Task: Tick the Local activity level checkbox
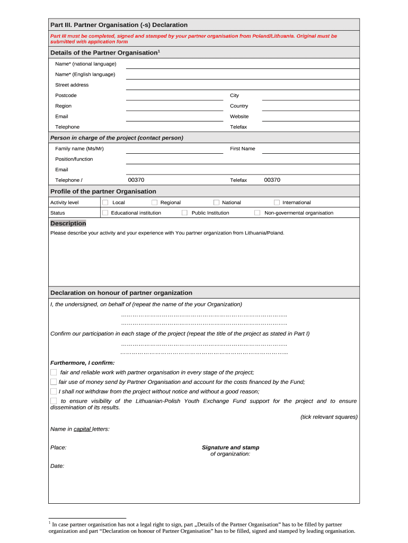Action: coord(105,203)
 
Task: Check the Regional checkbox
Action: coord(154,203)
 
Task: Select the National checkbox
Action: coord(216,203)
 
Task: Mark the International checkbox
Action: coord(277,203)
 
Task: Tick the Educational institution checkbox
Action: coord(105,213)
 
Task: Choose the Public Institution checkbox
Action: coord(184,213)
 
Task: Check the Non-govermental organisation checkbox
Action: coord(257,213)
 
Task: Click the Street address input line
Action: coord(242,85)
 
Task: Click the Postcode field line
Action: coord(174,96)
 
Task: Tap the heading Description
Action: coord(68,224)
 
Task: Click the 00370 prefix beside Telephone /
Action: coord(136,180)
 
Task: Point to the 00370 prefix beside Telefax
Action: coord(272,180)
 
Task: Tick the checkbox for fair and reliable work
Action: coord(54,372)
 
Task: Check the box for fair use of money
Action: coord(54,382)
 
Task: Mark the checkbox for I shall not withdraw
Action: coord(54,391)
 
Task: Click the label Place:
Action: coord(58,448)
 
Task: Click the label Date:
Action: coord(57,466)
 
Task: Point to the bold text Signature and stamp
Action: coord(230,448)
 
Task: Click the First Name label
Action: coord(242,149)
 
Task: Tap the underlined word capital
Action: coord(82,429)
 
